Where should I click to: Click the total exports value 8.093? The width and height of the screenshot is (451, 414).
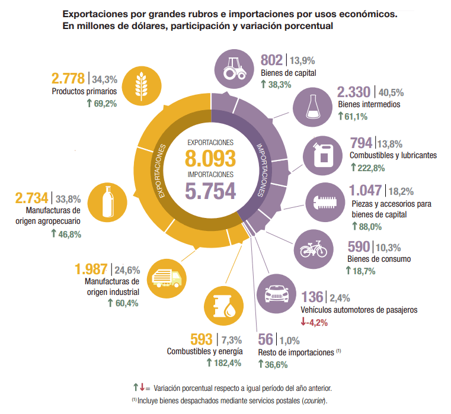[210, 158]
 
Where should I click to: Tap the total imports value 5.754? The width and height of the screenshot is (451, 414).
[210, 191]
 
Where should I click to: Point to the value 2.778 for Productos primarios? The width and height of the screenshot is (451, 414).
[69, 78]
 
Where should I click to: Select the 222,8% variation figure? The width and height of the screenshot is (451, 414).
[372, 168]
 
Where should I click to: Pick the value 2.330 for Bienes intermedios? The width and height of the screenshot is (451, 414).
[354, 92]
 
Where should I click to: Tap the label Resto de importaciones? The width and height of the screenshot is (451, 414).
[296, 352]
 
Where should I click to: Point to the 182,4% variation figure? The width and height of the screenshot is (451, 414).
[228, 363]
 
